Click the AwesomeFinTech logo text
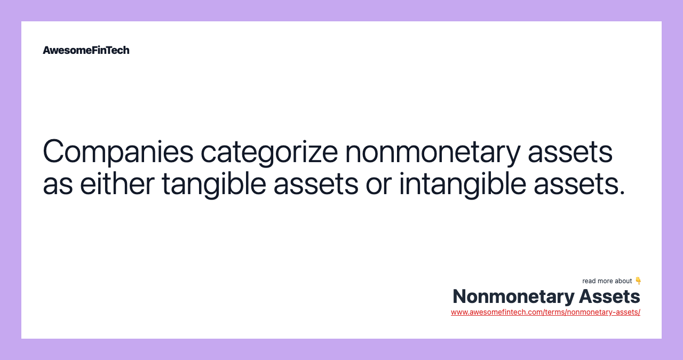pos(86,50)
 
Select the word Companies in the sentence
pos(118,151)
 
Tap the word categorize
pos(269,151)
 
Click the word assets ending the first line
pos(570,151)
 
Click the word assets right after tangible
pos(316,183)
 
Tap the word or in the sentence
pos(379,183)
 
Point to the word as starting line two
pos(57,183)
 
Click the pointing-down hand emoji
pos(638,281)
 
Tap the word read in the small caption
pos(589,281)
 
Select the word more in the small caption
pos(606,281)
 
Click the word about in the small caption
pos(624,281)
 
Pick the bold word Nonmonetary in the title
pos(513,296)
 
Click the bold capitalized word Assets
pos(610,296)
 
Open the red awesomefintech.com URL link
pos(545,312)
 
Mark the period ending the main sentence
pos(622,193)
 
